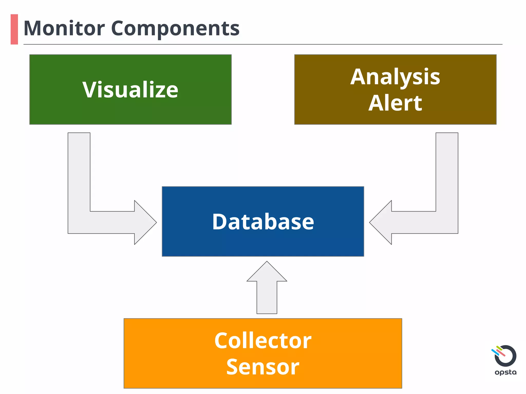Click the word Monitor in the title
pyautogui.click(x=64, y=28)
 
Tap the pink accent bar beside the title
pyautogui.click(x=14, y=29)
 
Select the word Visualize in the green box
pyautogui.click(x=130, y=90)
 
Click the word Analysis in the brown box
pyautogui.click(x=395, y=77)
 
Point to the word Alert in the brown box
pyautogui.click(x=395, y=103)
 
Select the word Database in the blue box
pyautogui.click(x=263, y=222)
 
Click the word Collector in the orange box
pyautogui.click(x=263, y=341)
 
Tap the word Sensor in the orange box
pyautogui.click(x=263, y=367)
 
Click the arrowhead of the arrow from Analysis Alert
pyautogui.click(x=382, y=222)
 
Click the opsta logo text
pyautogui.click(x=505, y=372)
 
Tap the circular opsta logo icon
pyautogui.click(x=505, y=356)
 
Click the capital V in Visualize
pyautogui.click(x=89, y=90)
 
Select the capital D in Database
pyautogui.click(x=220, y=222)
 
